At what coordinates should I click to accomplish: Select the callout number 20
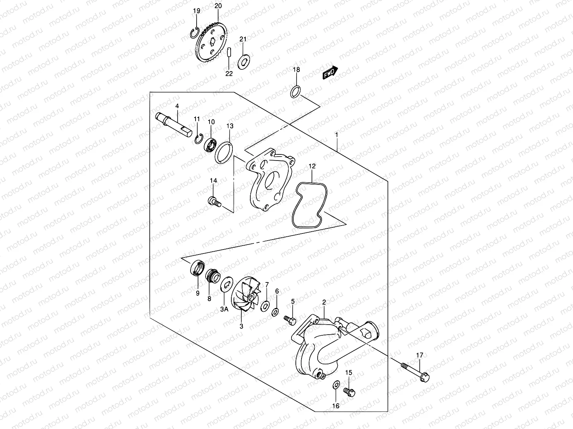[x=218, y=6]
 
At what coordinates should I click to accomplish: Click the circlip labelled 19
[x=194, y=32]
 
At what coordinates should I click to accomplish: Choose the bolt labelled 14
[x=213, y=202]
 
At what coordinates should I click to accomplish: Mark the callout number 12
[x=312, y=166]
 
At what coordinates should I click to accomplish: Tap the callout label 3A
[x=224, y=309]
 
